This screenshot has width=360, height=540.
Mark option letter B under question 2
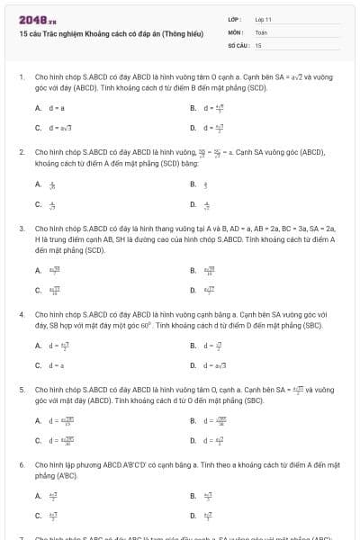pyautogui.click(x=193, y=184)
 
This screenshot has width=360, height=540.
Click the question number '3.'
pyautogui.click(x=22, y=229)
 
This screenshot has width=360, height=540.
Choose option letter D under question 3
pyautogui.click(x=193, y=290)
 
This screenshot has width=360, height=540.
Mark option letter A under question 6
pyautogui.click(x=38, y=495)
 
